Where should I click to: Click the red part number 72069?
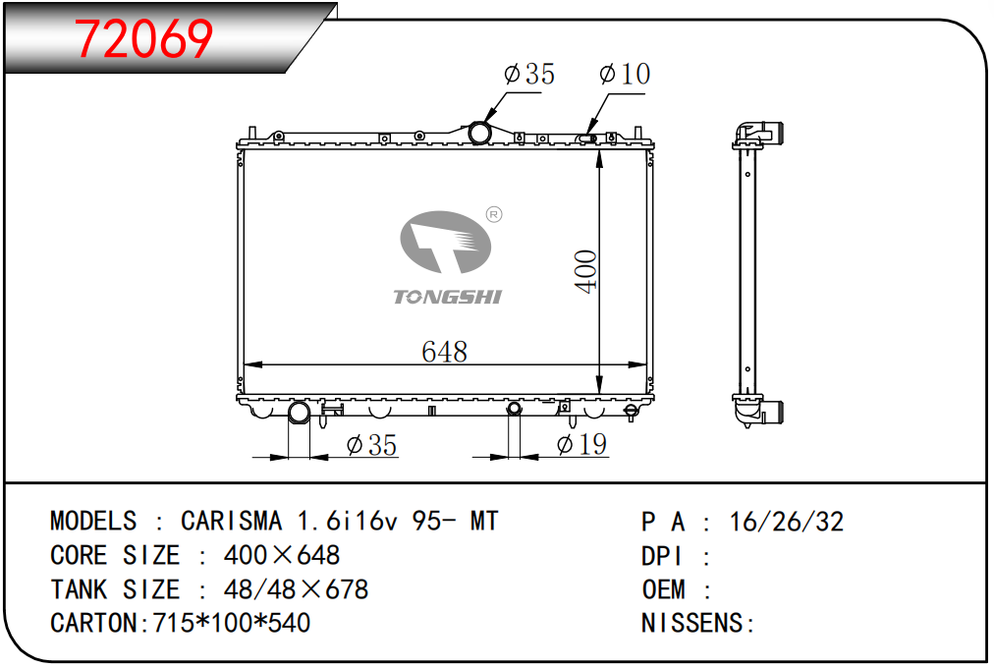click(144, 38)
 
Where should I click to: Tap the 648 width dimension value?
click(444, 352)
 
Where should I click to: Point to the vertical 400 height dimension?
click(585, 271)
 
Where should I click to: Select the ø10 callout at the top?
click(625, 74)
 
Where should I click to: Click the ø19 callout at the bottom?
click(581, 444)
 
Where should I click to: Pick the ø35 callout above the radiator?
click(528, 74)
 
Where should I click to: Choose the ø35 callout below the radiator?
click(371, 444)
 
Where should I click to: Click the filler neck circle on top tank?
click(479, 133)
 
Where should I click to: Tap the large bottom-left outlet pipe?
click(299, 413)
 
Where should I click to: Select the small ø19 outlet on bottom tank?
click(514, 408)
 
